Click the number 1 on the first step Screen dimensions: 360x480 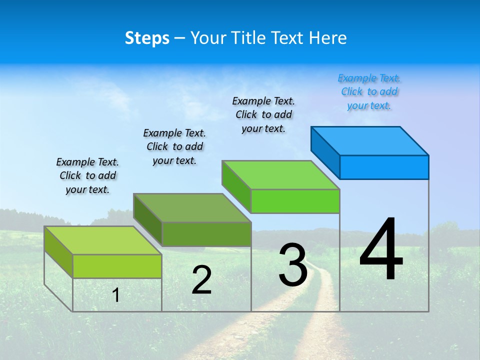[116, 295]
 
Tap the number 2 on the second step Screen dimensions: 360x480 [201, 280]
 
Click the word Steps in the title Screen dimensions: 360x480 [147, 38]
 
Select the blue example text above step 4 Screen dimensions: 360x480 [369, 92]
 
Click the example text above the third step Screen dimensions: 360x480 [263, 114]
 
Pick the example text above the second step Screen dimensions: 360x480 [174, 146]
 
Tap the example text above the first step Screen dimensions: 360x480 [87, 175]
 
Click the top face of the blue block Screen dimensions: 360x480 [370, 140]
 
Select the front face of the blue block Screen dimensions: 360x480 [384, 167]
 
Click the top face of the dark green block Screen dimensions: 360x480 [192, 207]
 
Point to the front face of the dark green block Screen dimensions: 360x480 [206, 234]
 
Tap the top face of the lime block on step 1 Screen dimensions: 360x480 [102, 240]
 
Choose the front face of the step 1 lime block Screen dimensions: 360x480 [117, 266]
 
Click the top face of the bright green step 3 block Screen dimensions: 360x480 [281, 175]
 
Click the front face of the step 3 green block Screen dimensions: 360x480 [295, 201]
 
